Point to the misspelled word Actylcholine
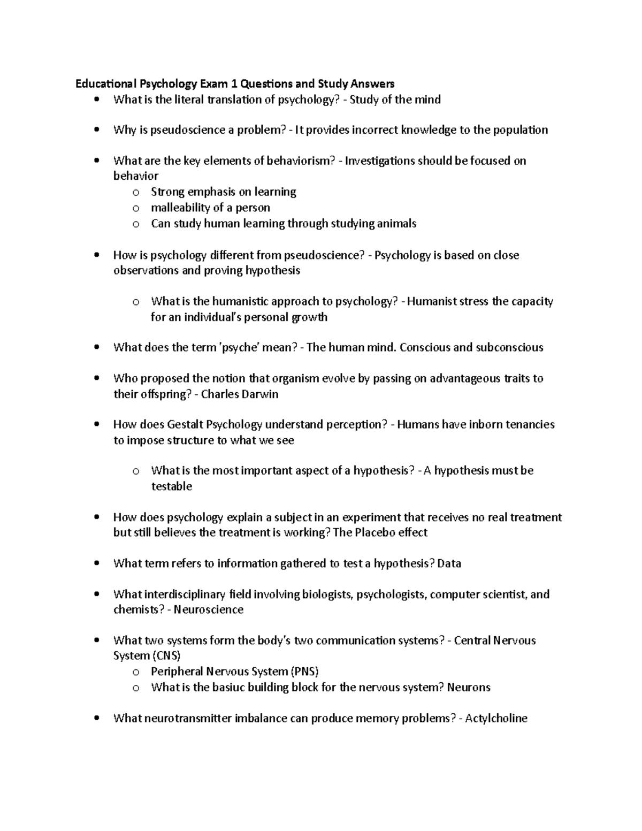[x=496, y=718]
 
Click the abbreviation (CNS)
[x=166, y=655]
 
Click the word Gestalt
[x=186, y=424]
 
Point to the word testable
[x=171, y=486]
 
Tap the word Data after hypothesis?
[x=449, y=563]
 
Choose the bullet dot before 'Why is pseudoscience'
[x=96, y=130]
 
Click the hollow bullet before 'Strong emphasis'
[x=136, y=192]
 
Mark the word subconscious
[x=509, y=347]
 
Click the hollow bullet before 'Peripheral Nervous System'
[x=136, y=672]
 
